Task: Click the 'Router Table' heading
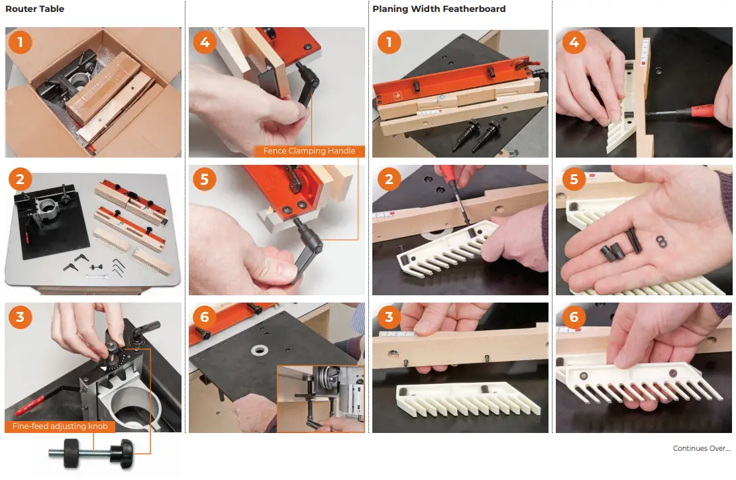pyautogui.click(x=34, y=9)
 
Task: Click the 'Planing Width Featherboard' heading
pyautogui.click(x=439, y=9)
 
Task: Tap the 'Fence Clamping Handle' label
pyautogui.click(x=309, y=151)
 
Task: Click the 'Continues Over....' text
pyautogui.click(x=702, y=449)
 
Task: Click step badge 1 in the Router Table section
pyautogui.click(x=21, y=43)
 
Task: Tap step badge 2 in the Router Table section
pyautogui.click(x=21, y=179)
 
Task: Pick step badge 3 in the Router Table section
pyautogui.click(x=21, y=317)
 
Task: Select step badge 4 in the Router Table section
pyautogui.click(x=205, y=43)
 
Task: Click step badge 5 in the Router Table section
pyautogui.click(x=205, y=179)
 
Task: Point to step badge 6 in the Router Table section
pyautogui.click(x=205, y=317)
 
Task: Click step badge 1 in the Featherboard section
pyautogui.click(x=388, y=43)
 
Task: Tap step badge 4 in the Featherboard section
pyautogui.click(x=573, y=43)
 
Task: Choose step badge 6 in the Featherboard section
pyautogui.click(x=573, y=317)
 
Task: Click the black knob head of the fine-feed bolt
pyautogui.click(x=123, y=454)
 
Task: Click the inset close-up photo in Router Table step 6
pyautogui.click(x=320, y=398)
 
